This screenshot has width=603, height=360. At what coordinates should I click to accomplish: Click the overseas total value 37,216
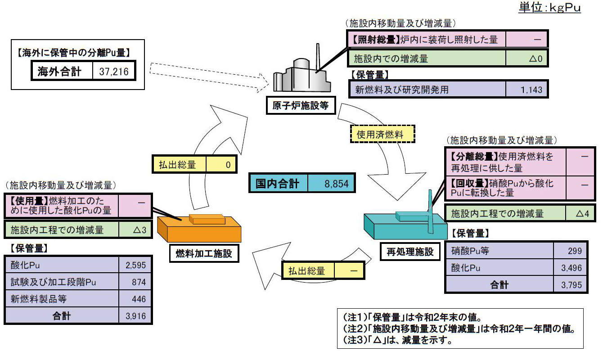pyautogui.click(x=113, y=72)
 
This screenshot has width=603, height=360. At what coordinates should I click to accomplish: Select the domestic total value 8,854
pyautogui.click(x=337, y=184)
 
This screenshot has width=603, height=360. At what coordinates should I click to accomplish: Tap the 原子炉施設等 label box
pyautogui.click(x=301, y=105)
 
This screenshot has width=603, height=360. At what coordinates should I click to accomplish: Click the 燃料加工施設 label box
pyautogui.click(x=204, y=253)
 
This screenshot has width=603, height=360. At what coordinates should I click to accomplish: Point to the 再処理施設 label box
pyautogui.click(x=410, y=252)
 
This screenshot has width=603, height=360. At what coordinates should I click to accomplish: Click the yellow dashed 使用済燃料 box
pyautogui.click(x=382, y=134)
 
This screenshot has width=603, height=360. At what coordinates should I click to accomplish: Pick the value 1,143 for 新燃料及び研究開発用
pyautogui.click(x=531, y=90)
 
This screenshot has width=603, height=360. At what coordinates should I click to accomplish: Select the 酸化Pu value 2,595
pyautogui.click(x=136, y=265)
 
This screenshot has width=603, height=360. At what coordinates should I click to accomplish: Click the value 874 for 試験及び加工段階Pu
pyautogui.click(x=139, y=282)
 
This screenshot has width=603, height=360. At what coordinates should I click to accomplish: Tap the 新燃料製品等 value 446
pyautogui.click(x=139, y=299)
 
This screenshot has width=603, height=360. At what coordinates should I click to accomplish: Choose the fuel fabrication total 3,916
pyautogui.click(x=136, y=316)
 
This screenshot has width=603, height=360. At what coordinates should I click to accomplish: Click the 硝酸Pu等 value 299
pyautogui.click(x=575, y=251)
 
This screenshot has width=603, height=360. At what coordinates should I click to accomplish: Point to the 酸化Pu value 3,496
pyautogui.click(x=571, y=268)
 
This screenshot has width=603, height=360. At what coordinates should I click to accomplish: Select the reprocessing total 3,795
pyautogui.click(x=571, y=285)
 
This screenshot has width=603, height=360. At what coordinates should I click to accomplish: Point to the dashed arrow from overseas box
pyautogui.click(x=209, y=77)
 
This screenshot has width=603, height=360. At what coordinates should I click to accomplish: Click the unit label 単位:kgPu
pyautogui.click(x=549, y=7)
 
